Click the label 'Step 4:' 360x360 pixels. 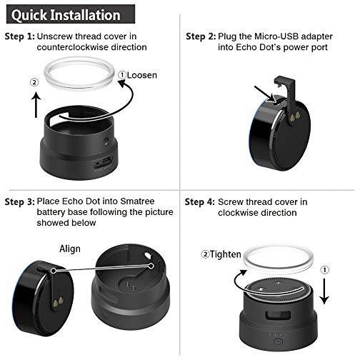click(199, 203)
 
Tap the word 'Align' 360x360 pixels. click(70, 249)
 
